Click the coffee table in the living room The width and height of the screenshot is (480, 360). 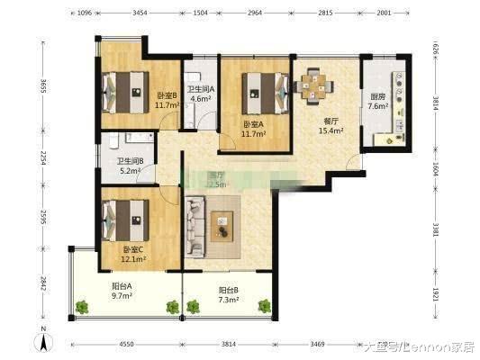(222, 222)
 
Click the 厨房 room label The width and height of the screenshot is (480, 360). (377, 97)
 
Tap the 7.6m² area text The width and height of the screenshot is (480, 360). (377, 107)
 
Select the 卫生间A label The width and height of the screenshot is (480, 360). (200, 89)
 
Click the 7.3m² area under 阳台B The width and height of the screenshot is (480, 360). (229, 300)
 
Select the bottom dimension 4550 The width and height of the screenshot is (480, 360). (126, 345)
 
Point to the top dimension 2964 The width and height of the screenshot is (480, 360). (255, 13)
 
